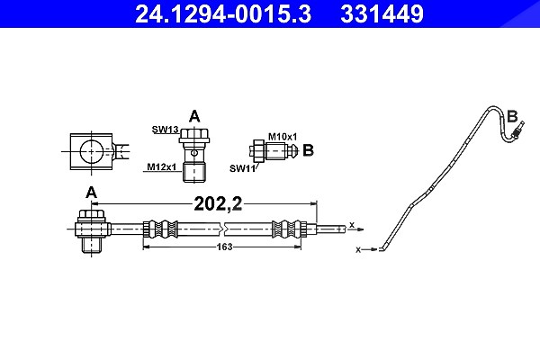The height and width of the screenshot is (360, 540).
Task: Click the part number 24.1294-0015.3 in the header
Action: (x=223, y=13)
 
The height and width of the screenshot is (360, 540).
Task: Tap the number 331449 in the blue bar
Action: (x=382, y=13)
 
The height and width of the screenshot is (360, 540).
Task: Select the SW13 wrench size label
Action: (x=166, y=130)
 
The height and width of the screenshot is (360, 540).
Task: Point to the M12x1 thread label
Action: (x=161, y=166)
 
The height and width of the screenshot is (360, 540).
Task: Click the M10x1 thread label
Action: (x=283, y=137)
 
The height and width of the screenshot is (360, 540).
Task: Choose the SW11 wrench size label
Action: (x=242, y=168)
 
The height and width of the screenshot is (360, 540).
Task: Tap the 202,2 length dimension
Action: (x=219, y=203)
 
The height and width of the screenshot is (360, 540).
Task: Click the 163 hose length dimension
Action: (x=224, y=247)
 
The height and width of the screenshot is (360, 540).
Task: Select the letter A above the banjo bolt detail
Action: (x=194, y=116)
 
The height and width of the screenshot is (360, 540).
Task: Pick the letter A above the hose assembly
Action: (x=91, y=193)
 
